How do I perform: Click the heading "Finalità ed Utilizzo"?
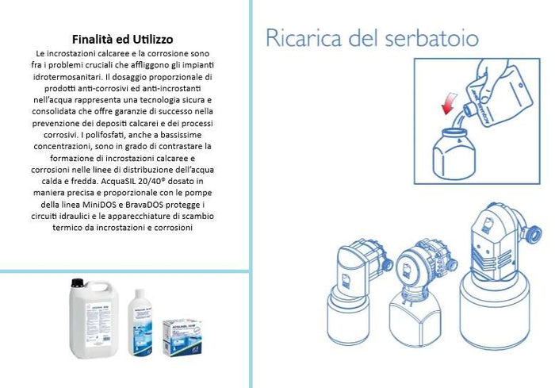pos(123,38)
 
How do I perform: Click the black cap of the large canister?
pos(78,282)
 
